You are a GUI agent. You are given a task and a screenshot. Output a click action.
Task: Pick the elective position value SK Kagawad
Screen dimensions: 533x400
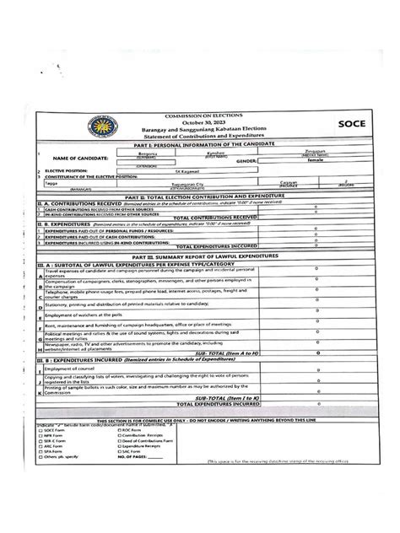tap(200, 171)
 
